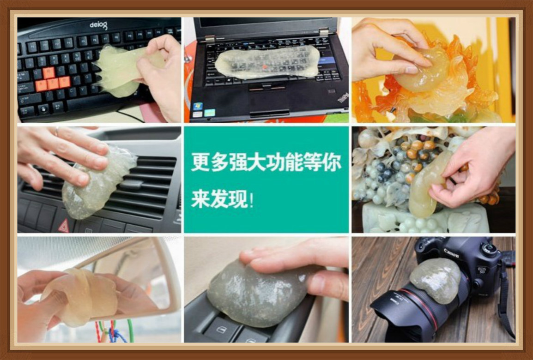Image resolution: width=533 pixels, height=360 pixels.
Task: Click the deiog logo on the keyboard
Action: point(98,24)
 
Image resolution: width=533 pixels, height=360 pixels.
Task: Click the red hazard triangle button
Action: point(63,226)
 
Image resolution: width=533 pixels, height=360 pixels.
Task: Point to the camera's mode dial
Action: point(488,248)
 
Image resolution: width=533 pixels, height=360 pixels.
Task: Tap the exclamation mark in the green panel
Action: point(251,201)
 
